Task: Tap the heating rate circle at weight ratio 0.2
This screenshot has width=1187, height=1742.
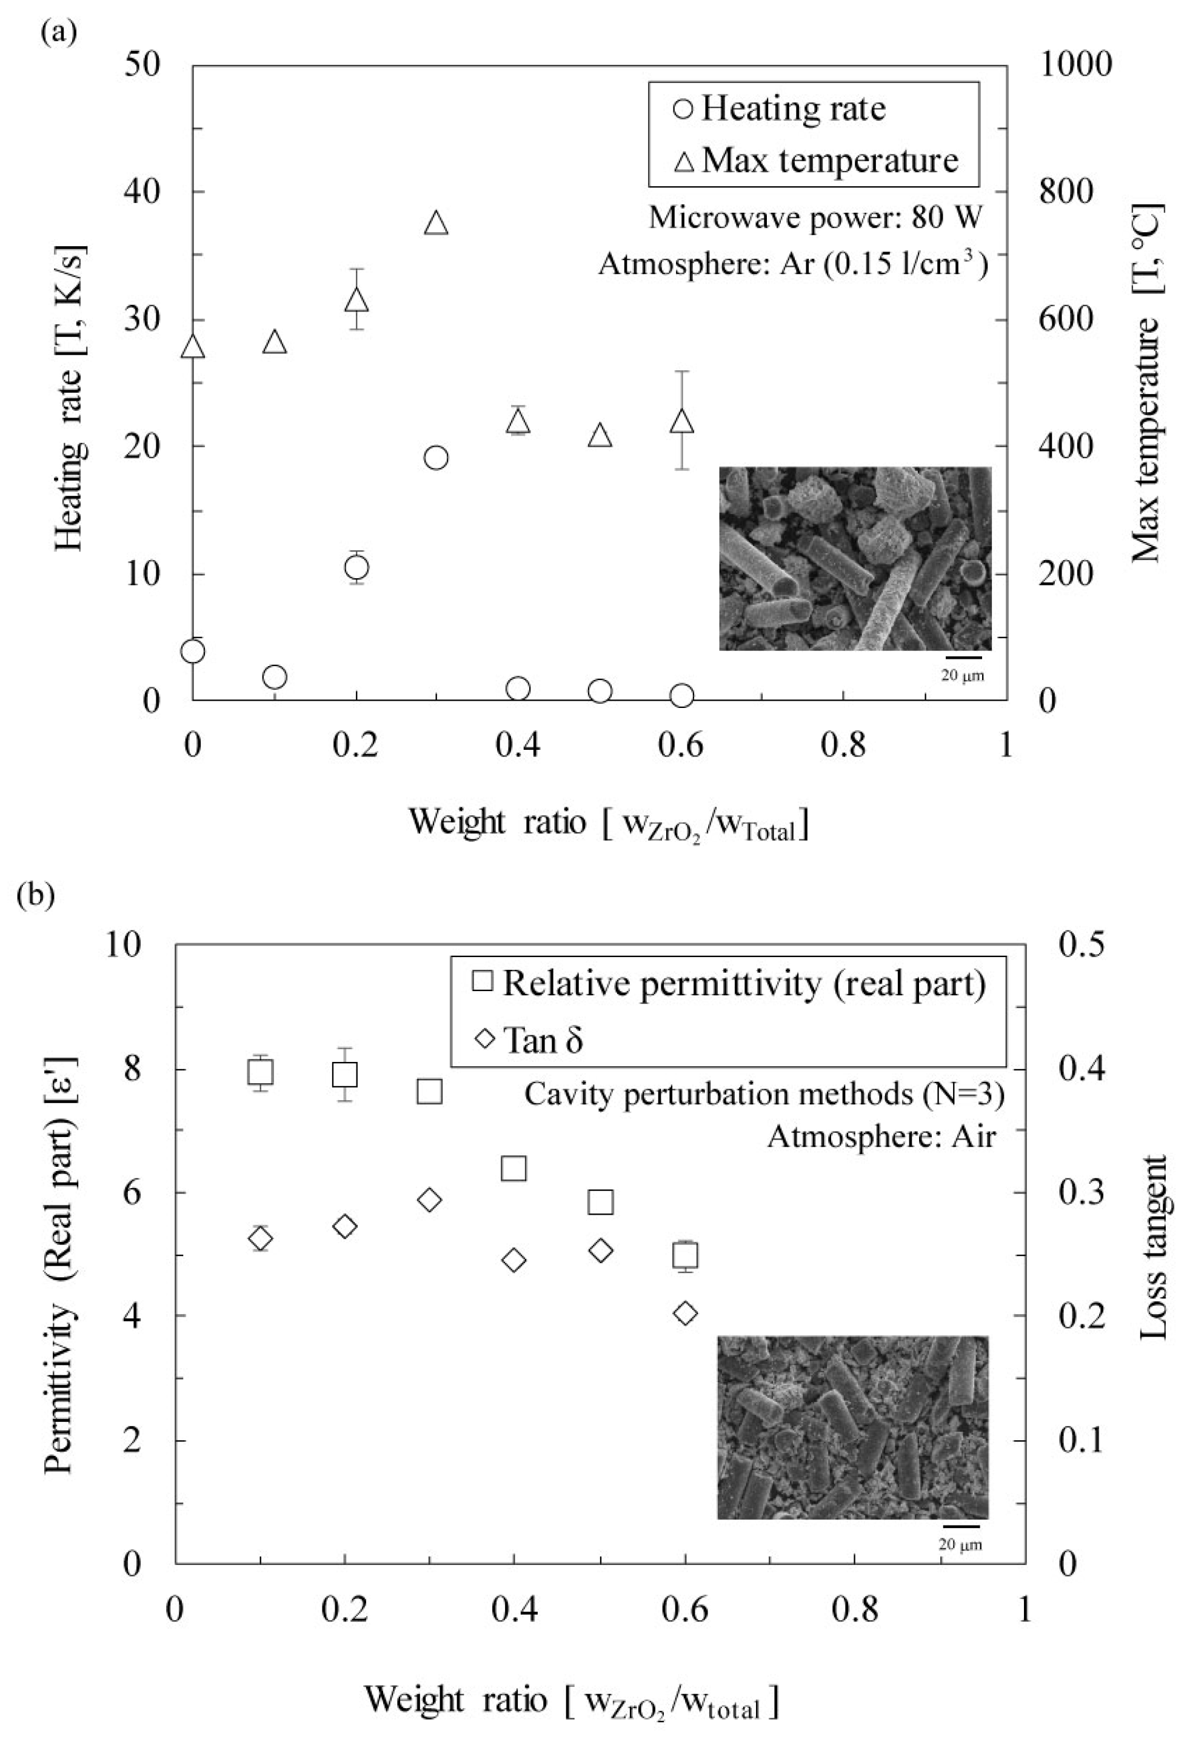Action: click(356, 567)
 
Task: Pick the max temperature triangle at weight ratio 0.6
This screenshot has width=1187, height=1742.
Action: click(681, 421)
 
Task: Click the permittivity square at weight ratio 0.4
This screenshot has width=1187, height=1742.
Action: click(513, 1168)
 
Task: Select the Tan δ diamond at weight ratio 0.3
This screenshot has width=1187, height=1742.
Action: click(430, 1200)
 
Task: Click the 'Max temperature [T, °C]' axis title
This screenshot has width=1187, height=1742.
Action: click(1147, 382)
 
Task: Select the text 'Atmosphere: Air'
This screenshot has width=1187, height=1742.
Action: click(881, 1137)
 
